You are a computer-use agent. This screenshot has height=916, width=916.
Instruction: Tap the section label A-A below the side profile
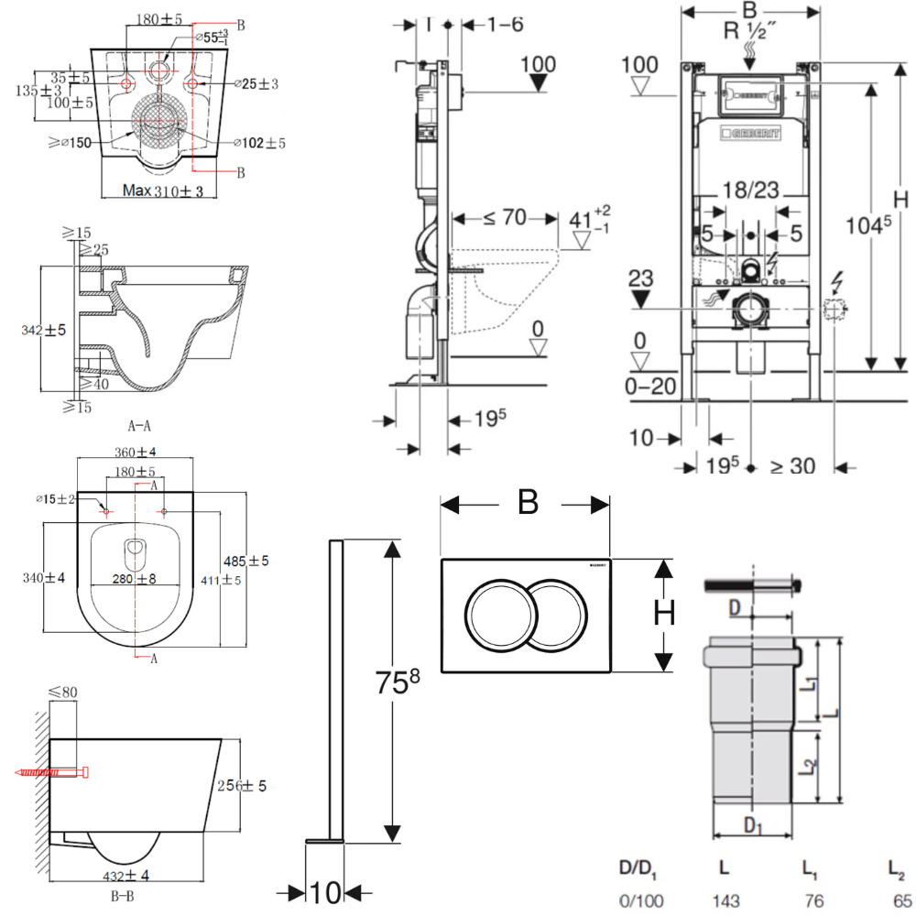coord(141,425)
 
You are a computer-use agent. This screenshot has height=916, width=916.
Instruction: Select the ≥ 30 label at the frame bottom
coord(791,466)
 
